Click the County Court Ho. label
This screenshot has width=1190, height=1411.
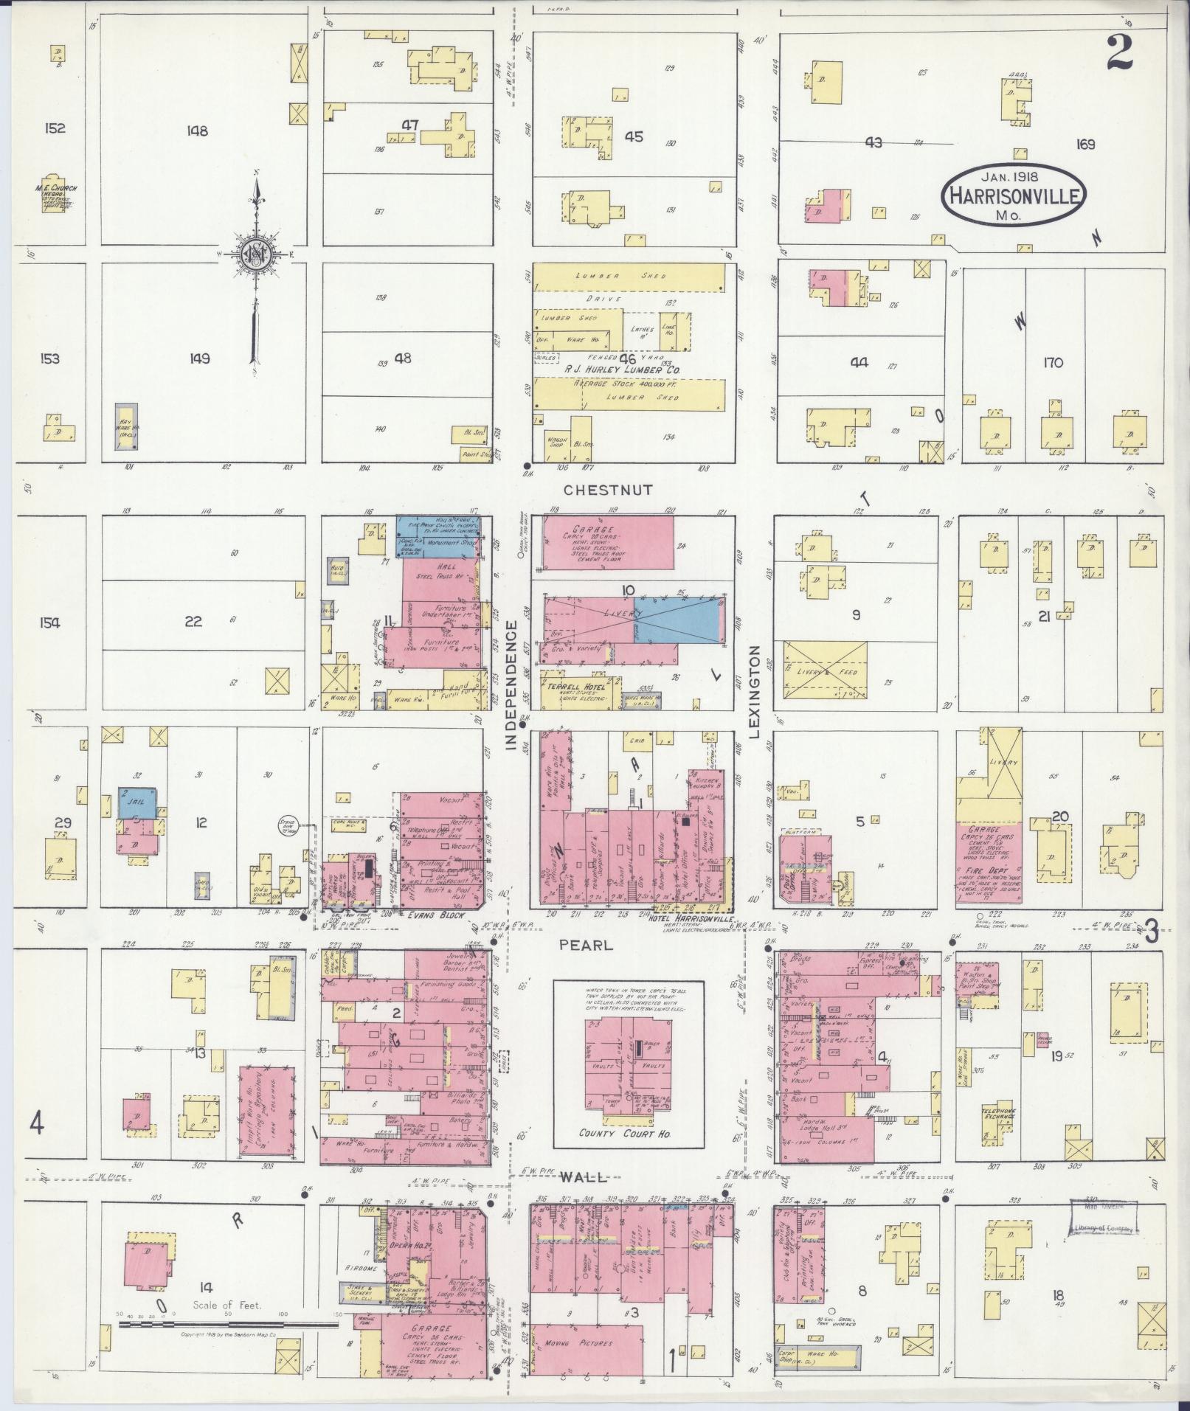coord(618,1134)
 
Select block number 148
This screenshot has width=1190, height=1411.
coord(197,131)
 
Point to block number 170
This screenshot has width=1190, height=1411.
coord(1053,362)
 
